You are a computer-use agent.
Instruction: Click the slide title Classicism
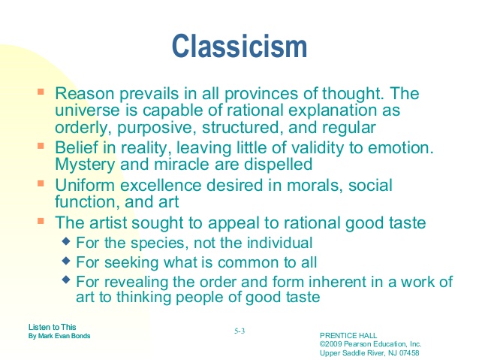(239, 47)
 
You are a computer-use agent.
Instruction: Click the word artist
(107, 222)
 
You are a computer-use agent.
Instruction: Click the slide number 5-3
(239, 330)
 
